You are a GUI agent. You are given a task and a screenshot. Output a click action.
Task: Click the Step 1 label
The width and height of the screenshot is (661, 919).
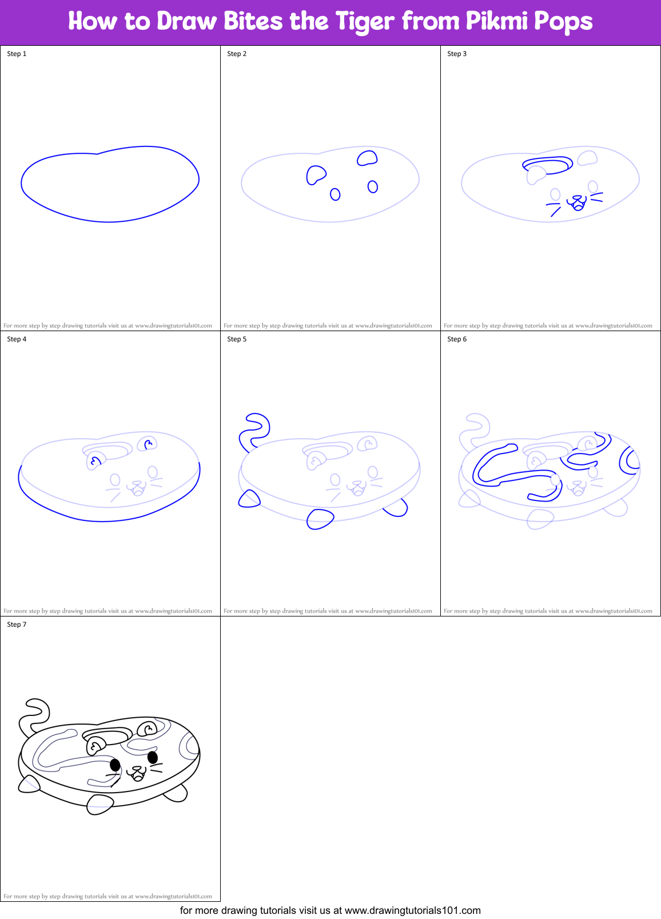click(17, 54)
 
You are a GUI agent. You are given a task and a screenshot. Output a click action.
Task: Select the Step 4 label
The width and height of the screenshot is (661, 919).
click(17, 339)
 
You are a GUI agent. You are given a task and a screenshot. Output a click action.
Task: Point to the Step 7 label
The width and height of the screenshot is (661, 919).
click(17, 624)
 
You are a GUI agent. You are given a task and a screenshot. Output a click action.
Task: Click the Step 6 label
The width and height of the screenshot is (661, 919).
click(457, 339)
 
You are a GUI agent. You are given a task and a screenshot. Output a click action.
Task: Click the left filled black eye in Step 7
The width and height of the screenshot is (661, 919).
click(115, 765)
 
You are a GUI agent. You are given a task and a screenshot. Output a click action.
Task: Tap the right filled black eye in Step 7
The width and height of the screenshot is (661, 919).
click(153, 757)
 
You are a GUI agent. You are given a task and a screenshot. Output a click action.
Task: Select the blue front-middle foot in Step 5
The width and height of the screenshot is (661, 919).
click(320, 519)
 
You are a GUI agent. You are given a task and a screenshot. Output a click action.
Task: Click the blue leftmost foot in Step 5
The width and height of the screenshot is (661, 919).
click(249, 499)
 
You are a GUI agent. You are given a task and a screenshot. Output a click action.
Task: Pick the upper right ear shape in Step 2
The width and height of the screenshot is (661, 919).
click(368, 158)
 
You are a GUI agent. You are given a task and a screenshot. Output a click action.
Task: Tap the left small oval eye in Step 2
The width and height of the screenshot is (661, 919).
click(335, 194)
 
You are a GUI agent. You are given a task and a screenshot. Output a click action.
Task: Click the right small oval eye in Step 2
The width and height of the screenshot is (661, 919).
click(373, 186)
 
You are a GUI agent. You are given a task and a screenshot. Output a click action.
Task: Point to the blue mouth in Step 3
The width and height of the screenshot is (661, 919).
click(577, 202)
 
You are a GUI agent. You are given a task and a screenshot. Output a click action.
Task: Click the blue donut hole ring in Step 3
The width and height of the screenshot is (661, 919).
click(547, 165)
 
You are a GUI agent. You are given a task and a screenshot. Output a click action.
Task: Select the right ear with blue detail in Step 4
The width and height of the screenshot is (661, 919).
click(148, 443)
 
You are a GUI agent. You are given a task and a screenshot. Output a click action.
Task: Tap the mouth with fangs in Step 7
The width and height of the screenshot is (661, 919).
click(138, 774)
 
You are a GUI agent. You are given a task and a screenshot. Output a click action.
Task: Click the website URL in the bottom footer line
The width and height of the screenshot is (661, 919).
click(413, 910)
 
